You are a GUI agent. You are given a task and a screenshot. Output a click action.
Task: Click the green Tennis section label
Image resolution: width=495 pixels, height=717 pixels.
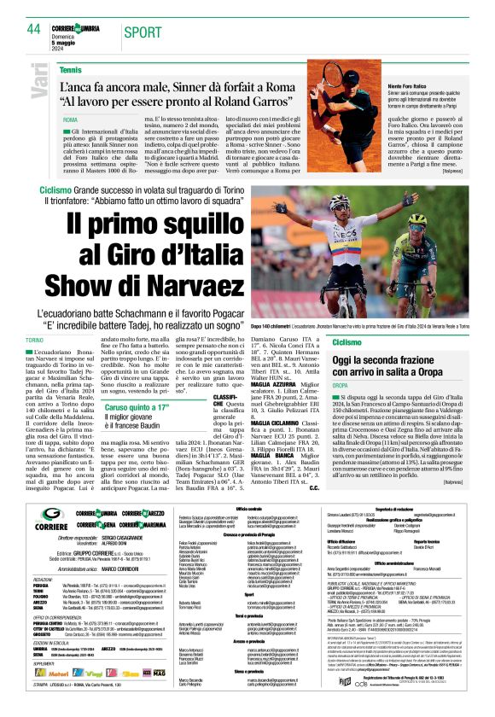[72, 68]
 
